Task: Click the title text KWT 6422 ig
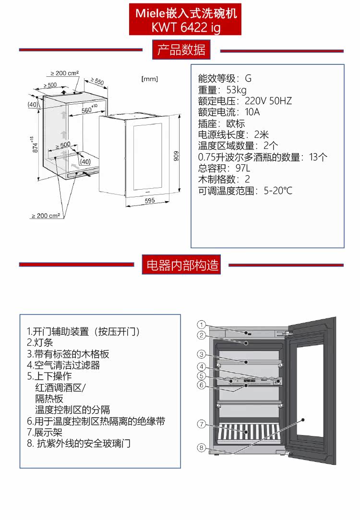(186, 27)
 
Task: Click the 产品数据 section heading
(181, 50)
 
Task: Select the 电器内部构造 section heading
(182, 265)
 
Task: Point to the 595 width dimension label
(150, 201)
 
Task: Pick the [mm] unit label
(150, 79)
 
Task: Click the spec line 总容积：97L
(224, 168)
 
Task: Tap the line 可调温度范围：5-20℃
(245, 191)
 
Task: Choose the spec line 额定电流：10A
(228, 112)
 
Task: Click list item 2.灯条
(40, 343)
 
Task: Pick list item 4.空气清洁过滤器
(63, 365)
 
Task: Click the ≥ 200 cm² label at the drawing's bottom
(46, 216)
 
